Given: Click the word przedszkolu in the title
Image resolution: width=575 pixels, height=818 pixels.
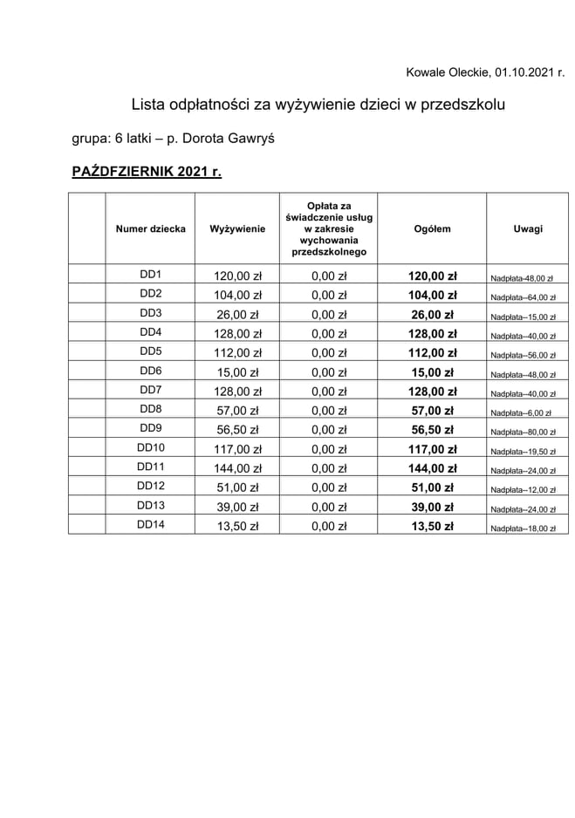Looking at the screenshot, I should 464,105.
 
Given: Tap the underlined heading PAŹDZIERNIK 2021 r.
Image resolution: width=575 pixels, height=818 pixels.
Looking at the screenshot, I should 147,172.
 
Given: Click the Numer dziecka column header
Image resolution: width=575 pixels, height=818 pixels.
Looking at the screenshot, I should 150,229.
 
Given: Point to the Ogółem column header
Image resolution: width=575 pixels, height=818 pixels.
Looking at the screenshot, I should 432,229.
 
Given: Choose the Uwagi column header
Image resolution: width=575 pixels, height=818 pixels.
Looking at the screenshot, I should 528,229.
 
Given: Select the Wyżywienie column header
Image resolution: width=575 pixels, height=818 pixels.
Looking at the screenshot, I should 237,229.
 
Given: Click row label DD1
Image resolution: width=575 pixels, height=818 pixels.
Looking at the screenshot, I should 151,275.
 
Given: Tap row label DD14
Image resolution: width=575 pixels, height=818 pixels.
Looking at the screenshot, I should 151,525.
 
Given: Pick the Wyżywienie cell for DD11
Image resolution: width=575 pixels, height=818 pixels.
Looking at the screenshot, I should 237,468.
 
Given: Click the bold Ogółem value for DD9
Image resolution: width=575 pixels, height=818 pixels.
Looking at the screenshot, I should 432,430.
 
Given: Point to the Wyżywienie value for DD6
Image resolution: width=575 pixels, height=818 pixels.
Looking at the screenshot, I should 237,372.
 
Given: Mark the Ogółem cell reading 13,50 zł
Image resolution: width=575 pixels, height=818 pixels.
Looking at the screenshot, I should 432,526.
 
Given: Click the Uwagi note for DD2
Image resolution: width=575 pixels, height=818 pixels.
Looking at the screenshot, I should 523,297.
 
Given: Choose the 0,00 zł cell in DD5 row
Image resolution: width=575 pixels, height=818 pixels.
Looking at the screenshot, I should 329,353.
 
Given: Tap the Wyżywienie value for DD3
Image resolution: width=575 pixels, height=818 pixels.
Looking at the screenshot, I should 237,315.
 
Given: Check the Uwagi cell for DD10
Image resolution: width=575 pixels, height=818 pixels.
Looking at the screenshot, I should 523,452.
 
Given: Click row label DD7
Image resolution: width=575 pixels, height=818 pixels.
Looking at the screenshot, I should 151,390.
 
